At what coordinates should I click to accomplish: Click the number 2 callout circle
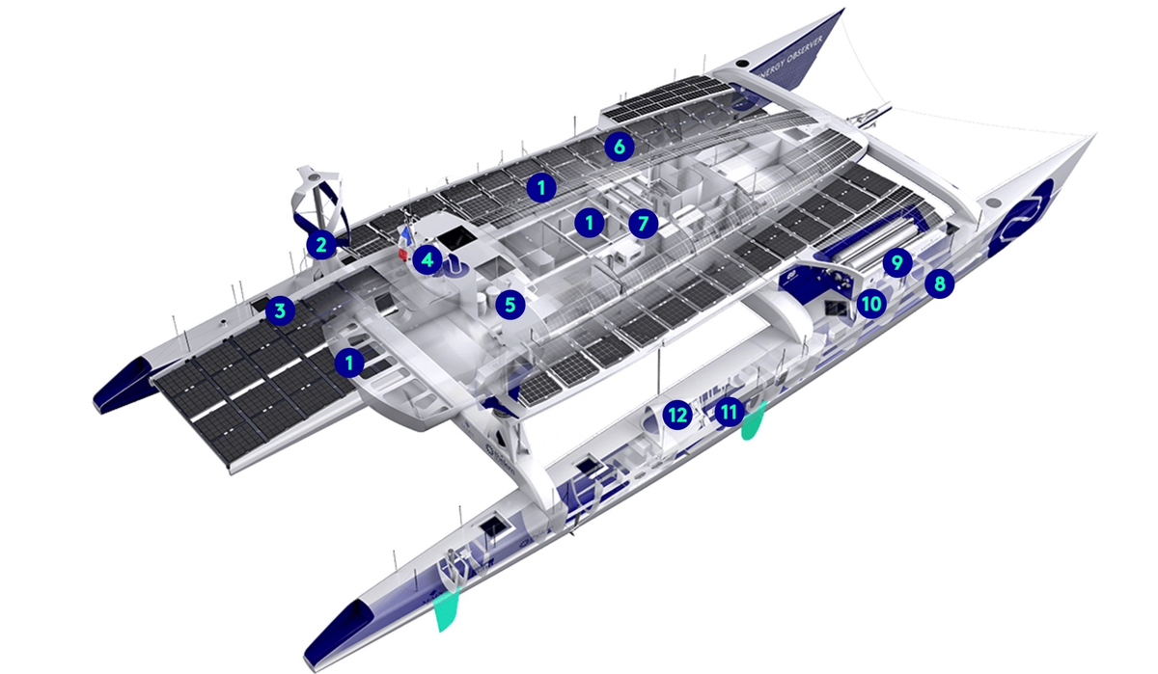click(x=321, y=245)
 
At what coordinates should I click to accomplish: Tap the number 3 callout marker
click(x=280, y=310)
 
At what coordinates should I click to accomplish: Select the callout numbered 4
click(x=427, y=259)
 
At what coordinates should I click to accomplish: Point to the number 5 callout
click(x=510, y=305)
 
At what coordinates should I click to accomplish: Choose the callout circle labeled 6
click(x=620, y=148)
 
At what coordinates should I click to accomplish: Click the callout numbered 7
click(x=643, y=224)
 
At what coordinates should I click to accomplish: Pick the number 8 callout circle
click(x=939, y=283)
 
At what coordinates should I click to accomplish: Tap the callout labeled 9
click(x=897, y=263)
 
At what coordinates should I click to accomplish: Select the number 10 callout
click(x=871, y=304)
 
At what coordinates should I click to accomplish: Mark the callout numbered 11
click(x=729, y=412)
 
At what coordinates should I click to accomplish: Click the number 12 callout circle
click(x=677, y=415)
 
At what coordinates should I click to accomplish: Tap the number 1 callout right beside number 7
click(x=590, y=223)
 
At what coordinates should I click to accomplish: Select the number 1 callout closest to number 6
click(x=541, y=187)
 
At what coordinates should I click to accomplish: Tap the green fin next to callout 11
click(x=753, y=420)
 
